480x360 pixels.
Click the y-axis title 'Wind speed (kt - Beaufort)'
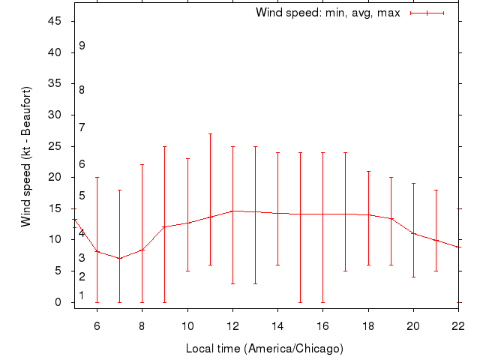point(25,157)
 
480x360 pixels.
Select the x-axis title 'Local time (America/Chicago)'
point(264,349)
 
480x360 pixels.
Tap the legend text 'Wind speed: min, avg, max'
point(328,13)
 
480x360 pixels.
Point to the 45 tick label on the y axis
point(54,21)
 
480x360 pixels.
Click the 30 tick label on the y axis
point(54,115)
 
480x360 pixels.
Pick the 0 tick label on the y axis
point(58,302)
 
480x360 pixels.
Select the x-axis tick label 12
point(232,325)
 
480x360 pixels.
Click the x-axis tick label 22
point(458,325)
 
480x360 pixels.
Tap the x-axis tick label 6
point(97,325)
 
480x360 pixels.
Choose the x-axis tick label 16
point(322,325)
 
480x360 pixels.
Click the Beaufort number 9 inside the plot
point(82,46)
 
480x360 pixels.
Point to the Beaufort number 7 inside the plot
point(82,127)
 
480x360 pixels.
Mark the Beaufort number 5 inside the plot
point(82,196)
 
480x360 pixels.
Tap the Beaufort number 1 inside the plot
point(82,295)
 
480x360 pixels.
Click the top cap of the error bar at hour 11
point(210,133)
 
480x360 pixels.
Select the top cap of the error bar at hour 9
point(164,146)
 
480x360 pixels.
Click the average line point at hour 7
point(119,259)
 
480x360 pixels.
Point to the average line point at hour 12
point(232,211)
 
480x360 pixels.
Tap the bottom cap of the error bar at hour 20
point(413,277)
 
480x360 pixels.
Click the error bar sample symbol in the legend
point(427,13)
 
